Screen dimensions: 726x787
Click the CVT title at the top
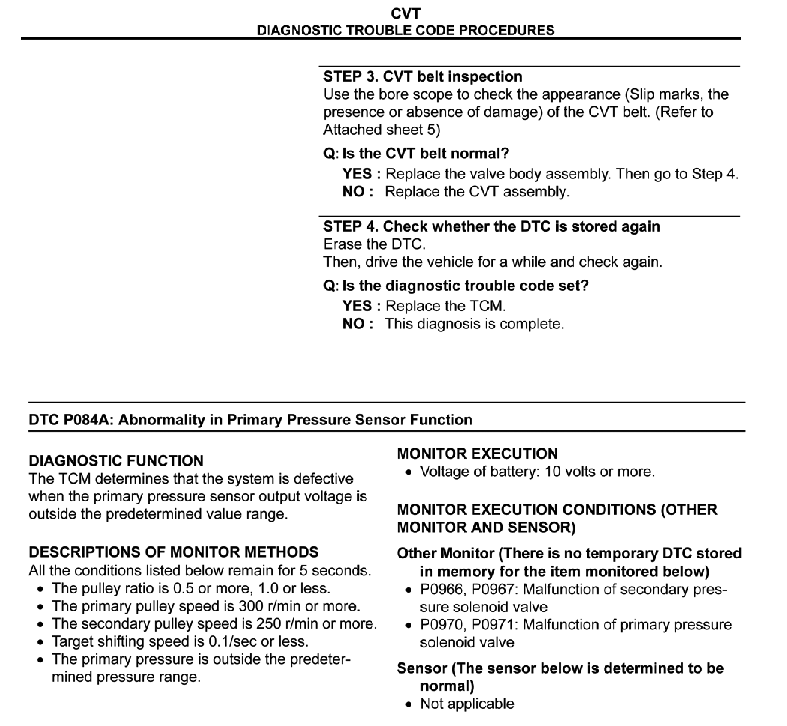click(405, 14)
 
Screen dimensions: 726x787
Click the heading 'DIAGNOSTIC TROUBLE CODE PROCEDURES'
click(405, 30)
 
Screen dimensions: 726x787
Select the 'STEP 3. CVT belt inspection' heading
click(423, 76)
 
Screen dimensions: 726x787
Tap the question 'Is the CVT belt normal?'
click(426, 153)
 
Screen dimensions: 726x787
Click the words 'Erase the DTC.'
click(374, 244)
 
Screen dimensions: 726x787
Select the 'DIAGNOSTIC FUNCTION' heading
click(116, 461)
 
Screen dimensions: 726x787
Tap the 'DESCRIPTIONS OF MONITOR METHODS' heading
click(173, 552)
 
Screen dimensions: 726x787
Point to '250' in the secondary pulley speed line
click(269, 624)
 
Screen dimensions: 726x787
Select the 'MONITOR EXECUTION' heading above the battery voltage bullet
click(477, 454)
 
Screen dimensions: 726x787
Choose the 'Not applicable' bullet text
click(467, 704)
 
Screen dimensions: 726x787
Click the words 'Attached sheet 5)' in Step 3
click(382, 130)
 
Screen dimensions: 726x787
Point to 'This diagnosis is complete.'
click(474, 324)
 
